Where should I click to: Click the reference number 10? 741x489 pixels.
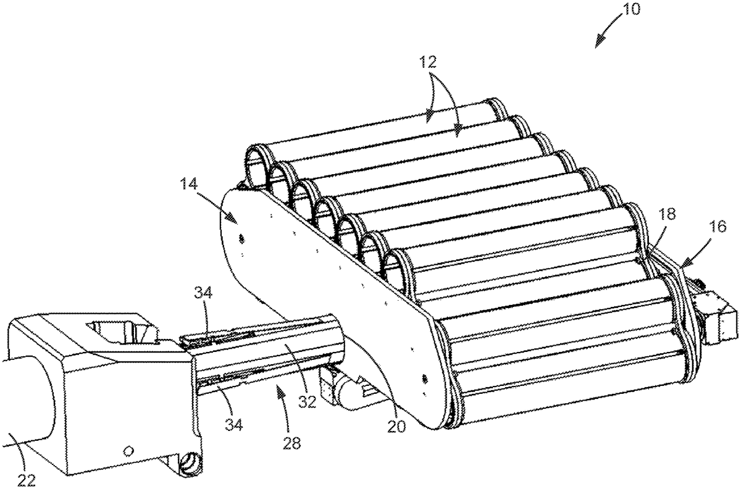click(631, 10)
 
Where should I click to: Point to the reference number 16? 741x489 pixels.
click(717, 227)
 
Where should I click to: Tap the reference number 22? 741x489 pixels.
click(26, 480)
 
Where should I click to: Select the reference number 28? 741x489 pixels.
click(291, 443)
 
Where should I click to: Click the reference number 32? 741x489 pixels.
click(307, 401)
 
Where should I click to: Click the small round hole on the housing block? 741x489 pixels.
click(128, 450)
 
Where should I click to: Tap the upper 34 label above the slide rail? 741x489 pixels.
click(203, 293)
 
